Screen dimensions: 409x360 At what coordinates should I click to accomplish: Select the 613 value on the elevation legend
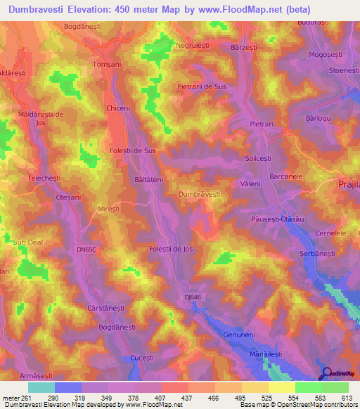(348, 396)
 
